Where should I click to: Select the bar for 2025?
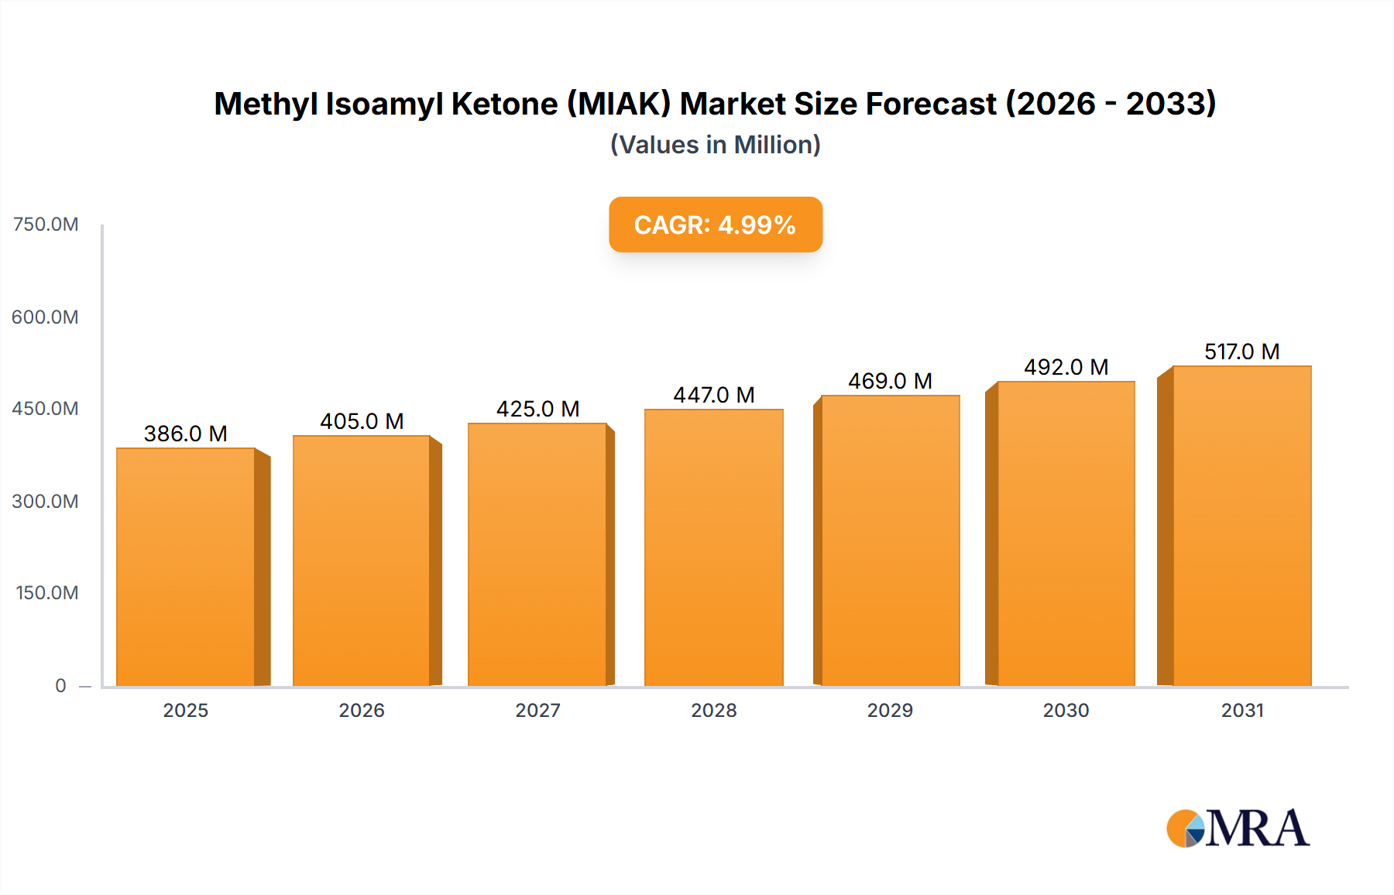[x=186, y=567]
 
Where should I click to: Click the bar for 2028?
[x=713, y=547]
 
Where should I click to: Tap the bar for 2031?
[x=1241, y=526]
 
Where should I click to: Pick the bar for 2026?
[x=362, y=561]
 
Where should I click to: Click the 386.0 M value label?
[x=186, y=434]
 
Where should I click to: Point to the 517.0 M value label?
[x=1241, y=351]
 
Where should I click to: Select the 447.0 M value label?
[x=713, y=395]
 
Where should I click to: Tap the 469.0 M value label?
[x=890, y=381]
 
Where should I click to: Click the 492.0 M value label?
[x=1066, y=367]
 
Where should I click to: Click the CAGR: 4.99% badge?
[x=715, y=225]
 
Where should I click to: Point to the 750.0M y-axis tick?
[x=46, y=225]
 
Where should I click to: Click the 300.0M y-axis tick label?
[x=46, y=501]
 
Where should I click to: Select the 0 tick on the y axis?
[x=60, y=685]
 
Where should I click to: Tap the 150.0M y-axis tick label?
[x=47, y=593]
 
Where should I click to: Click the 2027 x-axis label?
[x=537, y=710]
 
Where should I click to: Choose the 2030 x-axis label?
[x=1066, y=710]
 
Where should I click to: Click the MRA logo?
[x=1238, y=828]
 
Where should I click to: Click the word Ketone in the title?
[x=504, y=104]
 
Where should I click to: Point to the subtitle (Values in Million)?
[x=715, y=145]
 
